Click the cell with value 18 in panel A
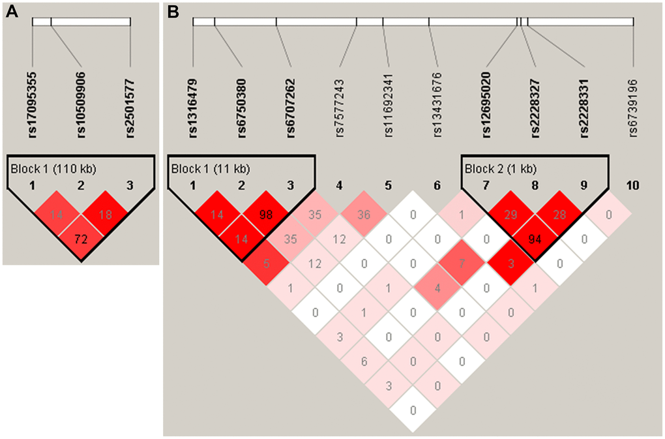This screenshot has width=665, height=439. [106, 213]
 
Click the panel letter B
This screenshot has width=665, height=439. [173, 12]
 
